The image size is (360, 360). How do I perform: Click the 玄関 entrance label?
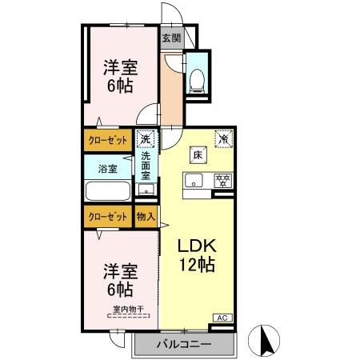click(x=171, y=38)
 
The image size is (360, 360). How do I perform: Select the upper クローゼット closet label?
click(x=107, y=140)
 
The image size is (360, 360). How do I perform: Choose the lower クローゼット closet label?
click(x=107, y=216)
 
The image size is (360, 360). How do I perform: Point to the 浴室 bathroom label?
click(x=108, y=169)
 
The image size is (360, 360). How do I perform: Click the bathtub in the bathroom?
click(x=106, y=193)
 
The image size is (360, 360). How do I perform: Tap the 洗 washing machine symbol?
click(x=145, y=138)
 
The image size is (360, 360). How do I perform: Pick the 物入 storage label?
click(x=145, y=216)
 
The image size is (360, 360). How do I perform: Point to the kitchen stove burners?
click(x=224, y=179)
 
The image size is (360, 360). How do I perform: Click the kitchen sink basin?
click(x=194, y=180)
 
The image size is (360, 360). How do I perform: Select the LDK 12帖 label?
click(x=197, y=254)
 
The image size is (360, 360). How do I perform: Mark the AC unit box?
click(x=223, y=318)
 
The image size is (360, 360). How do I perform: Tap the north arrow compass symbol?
click(x=266, y=340)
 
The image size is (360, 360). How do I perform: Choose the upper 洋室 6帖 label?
click(x=118, y=76)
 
